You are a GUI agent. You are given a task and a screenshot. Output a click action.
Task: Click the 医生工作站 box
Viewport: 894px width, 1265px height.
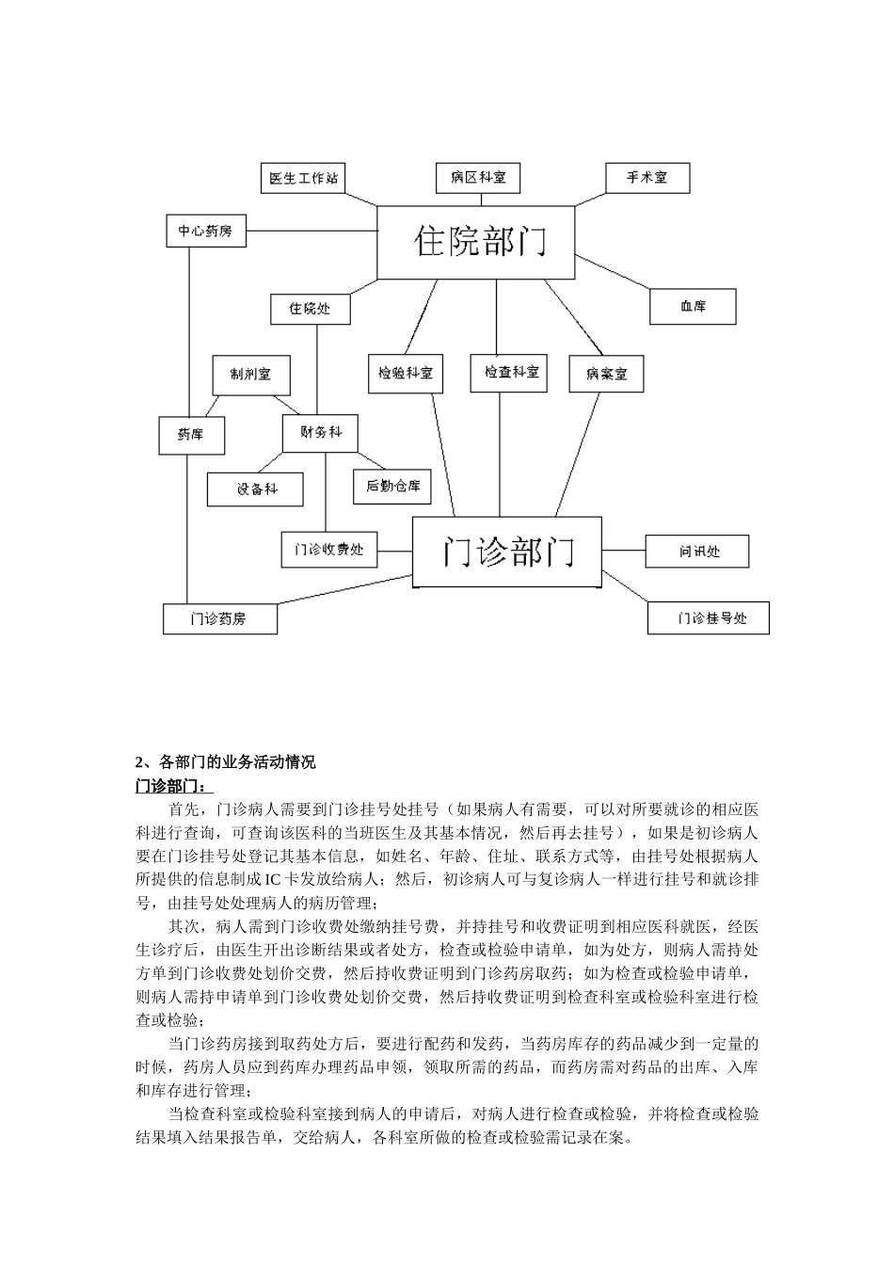(x=303, y=178)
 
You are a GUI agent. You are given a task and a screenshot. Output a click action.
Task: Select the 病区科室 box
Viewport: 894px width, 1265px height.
(x=478, y=178)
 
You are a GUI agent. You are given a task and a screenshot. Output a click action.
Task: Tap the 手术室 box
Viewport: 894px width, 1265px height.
(x=647, y=178)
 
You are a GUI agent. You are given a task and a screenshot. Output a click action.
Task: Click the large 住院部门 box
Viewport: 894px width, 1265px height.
(x=476, y=243)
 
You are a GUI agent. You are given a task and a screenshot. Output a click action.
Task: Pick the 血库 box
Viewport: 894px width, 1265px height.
(x=693, y=307)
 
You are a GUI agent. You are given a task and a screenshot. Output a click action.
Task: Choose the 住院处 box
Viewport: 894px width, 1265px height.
(x=311, y=309)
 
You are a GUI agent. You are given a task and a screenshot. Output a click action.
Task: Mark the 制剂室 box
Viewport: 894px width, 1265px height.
(x=250, y=375)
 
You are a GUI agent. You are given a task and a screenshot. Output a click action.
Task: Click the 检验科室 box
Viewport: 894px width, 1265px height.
(x=406, y=374)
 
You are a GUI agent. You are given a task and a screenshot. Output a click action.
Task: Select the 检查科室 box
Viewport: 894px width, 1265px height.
(x=508, y=373)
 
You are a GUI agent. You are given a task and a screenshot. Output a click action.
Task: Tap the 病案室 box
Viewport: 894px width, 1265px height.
(x=606, y=374)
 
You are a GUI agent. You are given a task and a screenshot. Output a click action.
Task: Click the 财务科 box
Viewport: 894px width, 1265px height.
(x=321, y=433)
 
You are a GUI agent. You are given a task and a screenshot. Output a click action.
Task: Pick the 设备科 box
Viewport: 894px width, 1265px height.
(x=256, y=489)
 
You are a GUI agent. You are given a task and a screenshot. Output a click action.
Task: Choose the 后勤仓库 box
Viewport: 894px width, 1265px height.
(x=392, y=487)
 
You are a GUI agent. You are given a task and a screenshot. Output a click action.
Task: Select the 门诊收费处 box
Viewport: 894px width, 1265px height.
(x=328, y=550)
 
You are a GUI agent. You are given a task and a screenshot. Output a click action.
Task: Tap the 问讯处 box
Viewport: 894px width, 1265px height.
(x=697, y=552)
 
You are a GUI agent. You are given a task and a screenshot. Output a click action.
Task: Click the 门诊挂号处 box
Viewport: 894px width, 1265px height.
(x=709, y=618)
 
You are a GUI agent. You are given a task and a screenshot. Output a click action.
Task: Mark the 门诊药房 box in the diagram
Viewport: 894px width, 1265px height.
(x=220, y=618)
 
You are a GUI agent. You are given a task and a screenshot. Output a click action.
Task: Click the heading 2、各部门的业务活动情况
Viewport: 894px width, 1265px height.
(x=226, y=762)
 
